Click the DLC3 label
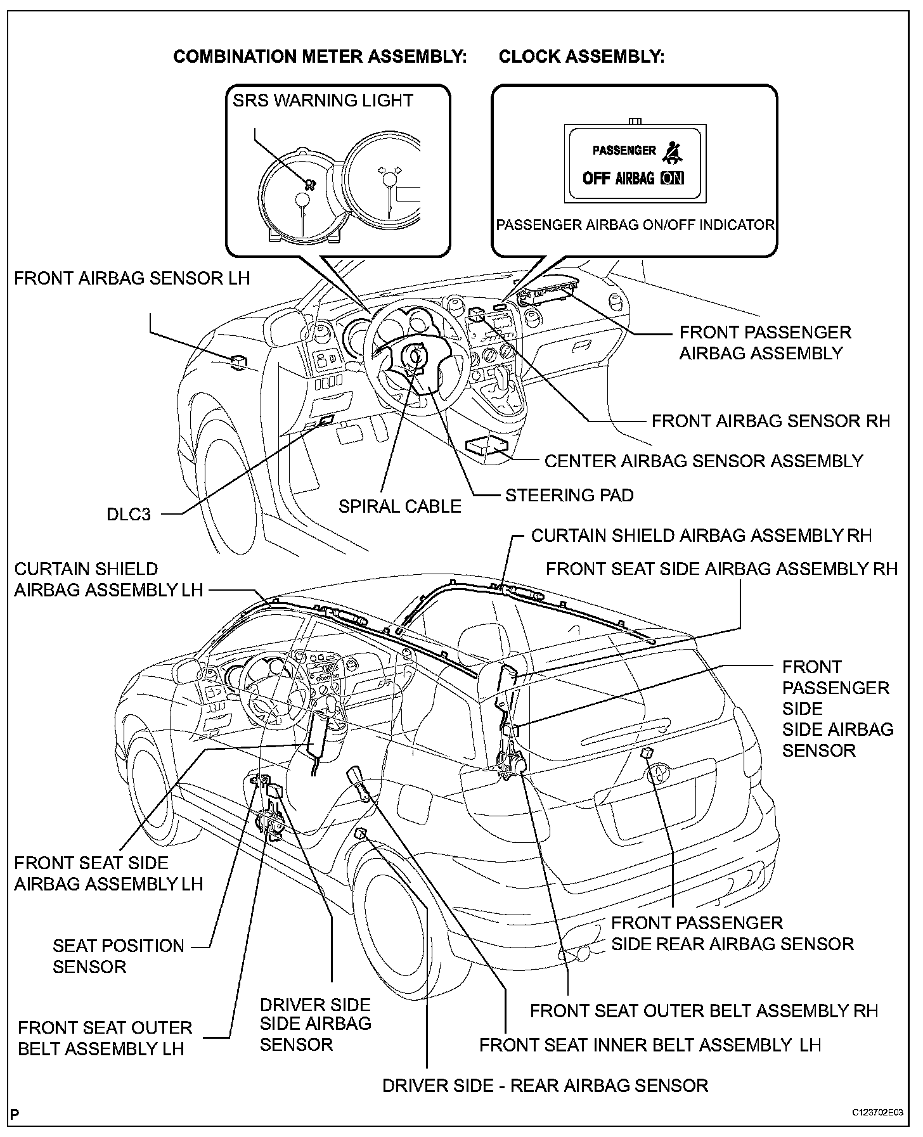tap(129, 514)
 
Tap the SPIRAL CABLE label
tap(399, 506)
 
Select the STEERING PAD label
tap(569, 495)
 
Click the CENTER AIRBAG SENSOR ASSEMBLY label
tap(704, 461)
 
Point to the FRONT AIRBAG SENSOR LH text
tap(132, 278)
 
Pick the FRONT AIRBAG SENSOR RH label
tap(771, 421)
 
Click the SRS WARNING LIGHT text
tap(323, 101)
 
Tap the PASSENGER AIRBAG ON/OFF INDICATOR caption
tap(635, 225)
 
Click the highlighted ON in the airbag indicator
tap(672, 178)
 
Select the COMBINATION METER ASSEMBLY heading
tap(320, 57)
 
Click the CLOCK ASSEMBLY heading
tap(581, 57)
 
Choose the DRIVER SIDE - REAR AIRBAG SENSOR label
tap(545, 1086)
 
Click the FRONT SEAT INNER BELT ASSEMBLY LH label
tap(650, 1045)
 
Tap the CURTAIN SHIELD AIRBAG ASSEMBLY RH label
tap(701, 536)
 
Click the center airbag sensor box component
tap(487, 446)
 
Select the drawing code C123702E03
tap(877, 1113)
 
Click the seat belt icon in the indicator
tap(671, 151)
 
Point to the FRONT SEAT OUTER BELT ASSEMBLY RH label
tap(704, 1011)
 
